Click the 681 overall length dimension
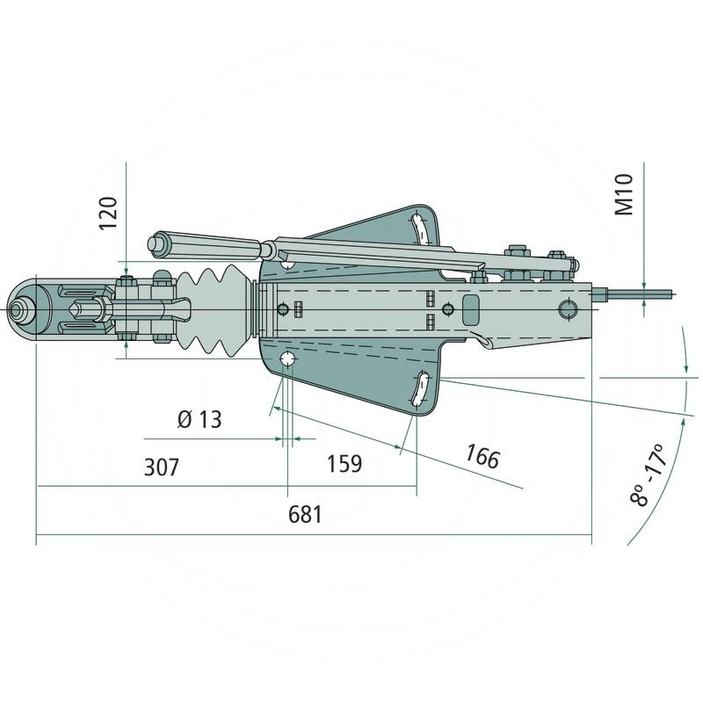pos(305,515)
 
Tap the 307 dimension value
pos(161,467)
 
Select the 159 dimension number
pos(344,463)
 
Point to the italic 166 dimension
pos(482,457)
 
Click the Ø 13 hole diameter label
pos(199,419)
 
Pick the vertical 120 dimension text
pos(107,214)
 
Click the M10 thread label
pos(624,194)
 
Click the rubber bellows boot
pos(214,310)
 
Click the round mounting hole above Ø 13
pos(287,360)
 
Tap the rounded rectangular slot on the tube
pos(470,308)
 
